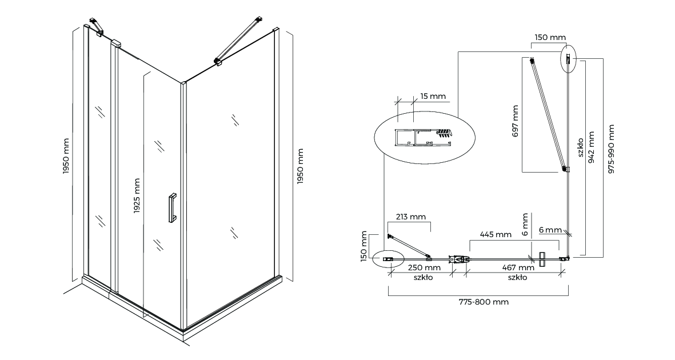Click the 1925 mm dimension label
click(137, 196)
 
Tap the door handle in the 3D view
click(171, 208)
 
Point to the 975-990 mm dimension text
click(612, 150)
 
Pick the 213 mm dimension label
click(410, 217)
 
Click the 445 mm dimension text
click(495, 234)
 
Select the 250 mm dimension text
click(424, 267)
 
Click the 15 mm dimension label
click(433, 96)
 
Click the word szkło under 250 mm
click(424, 278)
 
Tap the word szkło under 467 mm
click(517, 278)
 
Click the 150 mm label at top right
click(550, 37)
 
